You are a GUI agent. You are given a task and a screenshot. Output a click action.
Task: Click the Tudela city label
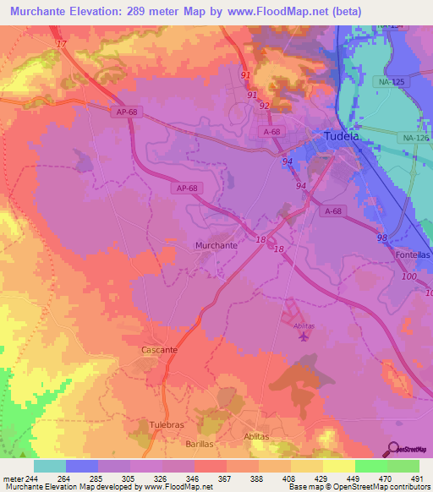343,136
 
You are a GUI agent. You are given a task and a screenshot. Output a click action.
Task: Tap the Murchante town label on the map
216,245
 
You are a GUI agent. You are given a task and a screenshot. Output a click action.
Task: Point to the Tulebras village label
149,426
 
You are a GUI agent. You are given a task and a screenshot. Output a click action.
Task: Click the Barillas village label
201,443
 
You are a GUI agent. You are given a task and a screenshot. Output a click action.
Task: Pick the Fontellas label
413,254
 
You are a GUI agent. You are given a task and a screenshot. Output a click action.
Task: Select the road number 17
60,43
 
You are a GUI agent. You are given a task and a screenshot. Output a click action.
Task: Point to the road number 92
265,106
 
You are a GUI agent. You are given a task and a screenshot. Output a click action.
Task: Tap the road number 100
410,277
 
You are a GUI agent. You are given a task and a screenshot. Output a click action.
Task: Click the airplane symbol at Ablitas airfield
304,338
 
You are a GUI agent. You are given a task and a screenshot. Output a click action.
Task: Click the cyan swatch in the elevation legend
50,466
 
